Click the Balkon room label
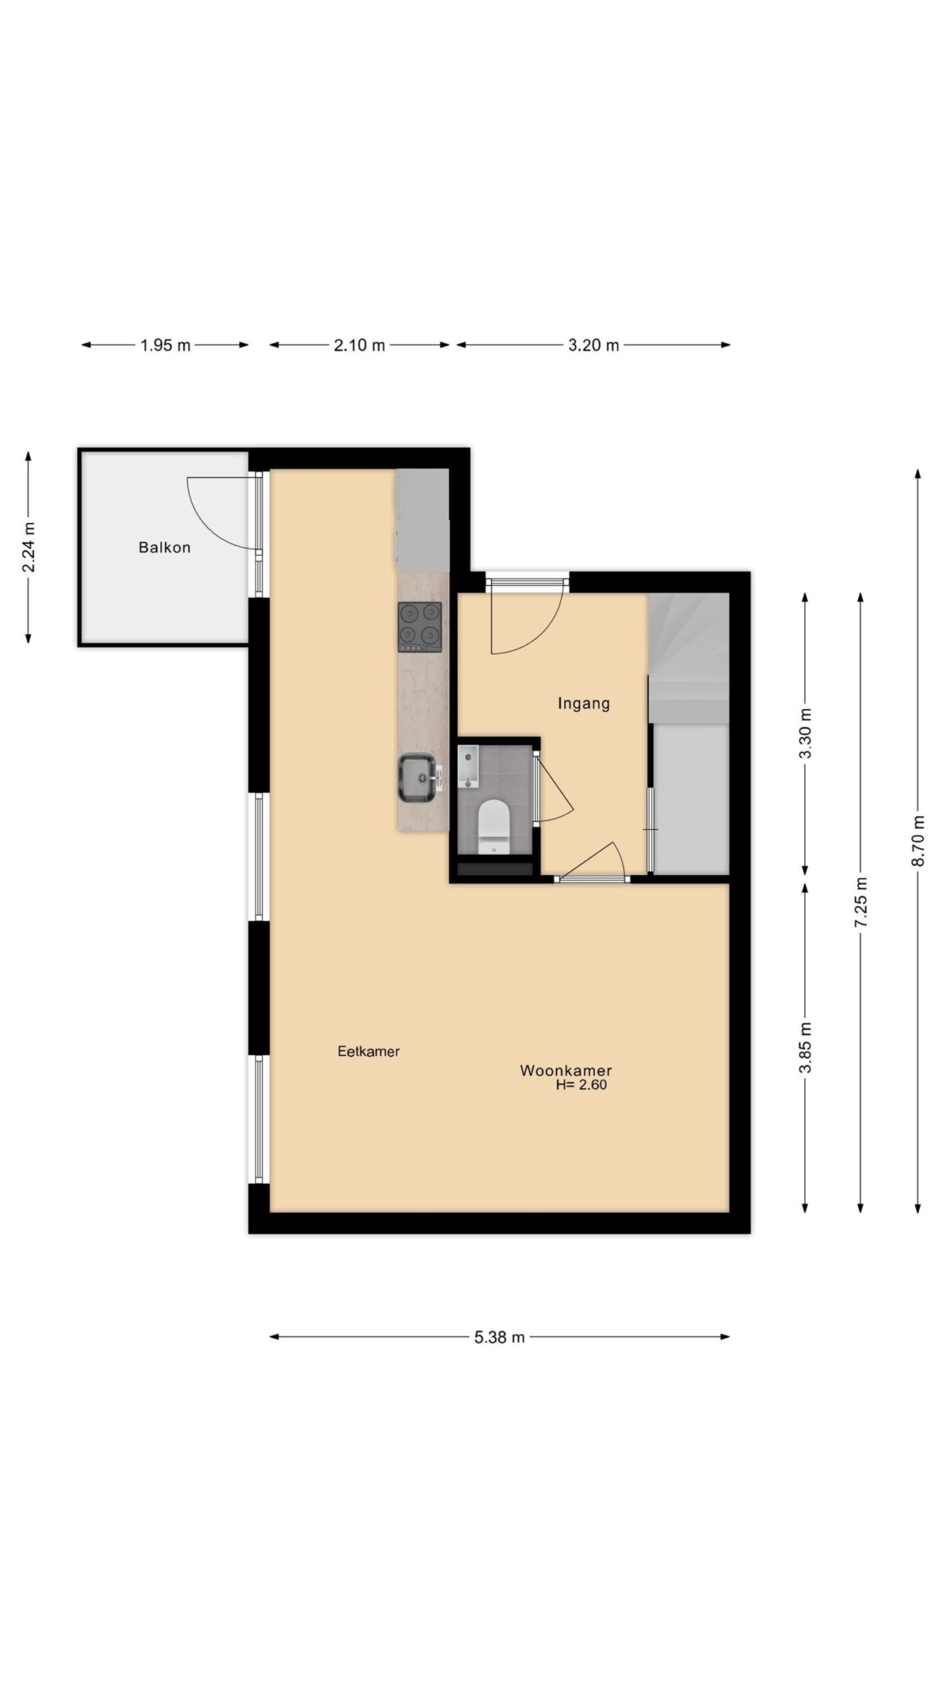(x=165, y=547)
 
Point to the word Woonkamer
(x=565, y=1070)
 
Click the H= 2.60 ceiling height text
(x=581, y=1085)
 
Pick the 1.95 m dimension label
(x=165, y=346)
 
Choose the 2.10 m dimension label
(x=359, y=346)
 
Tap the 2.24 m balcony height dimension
(x=29, y=547)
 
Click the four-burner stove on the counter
(x=419, y=627)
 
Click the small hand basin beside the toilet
(x=468, y=766)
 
